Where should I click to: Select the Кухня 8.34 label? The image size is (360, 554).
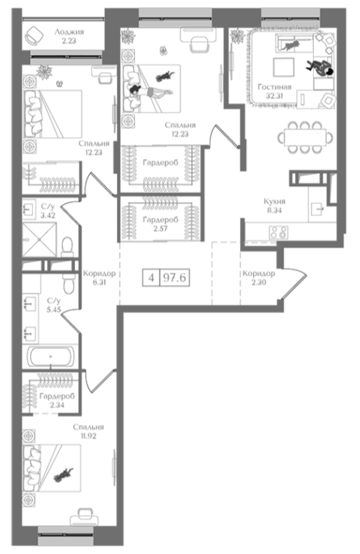274,206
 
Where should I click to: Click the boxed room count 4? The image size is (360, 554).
150,277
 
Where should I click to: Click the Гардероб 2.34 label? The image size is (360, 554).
53,400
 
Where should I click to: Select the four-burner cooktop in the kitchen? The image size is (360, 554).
277,232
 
